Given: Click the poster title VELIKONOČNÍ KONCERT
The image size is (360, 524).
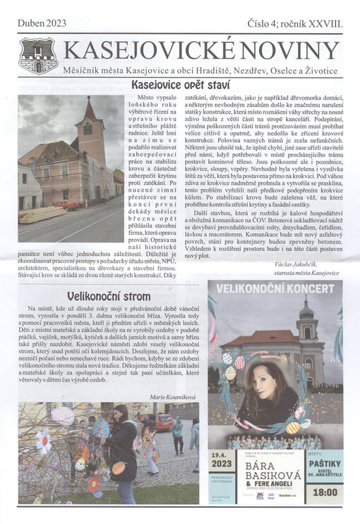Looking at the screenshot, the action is pyautogui.click(x=275, y=289).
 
